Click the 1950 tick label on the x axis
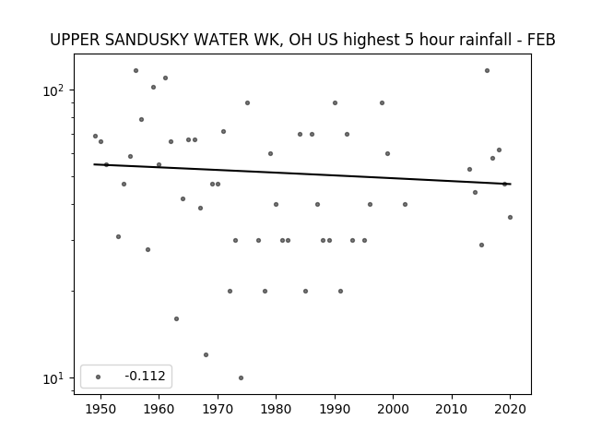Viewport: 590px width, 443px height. click(x=100, y=409)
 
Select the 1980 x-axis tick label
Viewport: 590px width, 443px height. click(x=276, y=409)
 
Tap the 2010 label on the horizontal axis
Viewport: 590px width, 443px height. click(x=452, y=409)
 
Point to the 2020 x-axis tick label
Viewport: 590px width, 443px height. click(x=510, y=409)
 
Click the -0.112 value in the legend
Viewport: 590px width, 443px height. click(x=145, y=376)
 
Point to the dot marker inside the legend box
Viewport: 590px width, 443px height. click(x=99, y=377)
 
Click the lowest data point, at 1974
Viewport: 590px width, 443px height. click(x=241, y=377)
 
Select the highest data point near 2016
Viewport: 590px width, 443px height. click(x=487, y=70)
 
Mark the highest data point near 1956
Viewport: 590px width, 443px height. click(x=136, y=70)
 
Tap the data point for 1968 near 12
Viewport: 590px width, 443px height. click(x=206, y=354)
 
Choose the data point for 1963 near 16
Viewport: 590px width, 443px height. click(x=176, y=318)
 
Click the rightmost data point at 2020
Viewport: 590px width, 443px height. click(x=510, y=217)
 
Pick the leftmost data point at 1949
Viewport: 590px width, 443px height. click(x=95, y=136)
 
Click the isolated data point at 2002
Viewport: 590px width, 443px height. click(x=405, y=204)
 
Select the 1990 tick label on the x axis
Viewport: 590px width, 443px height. click(x=335, y=409)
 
